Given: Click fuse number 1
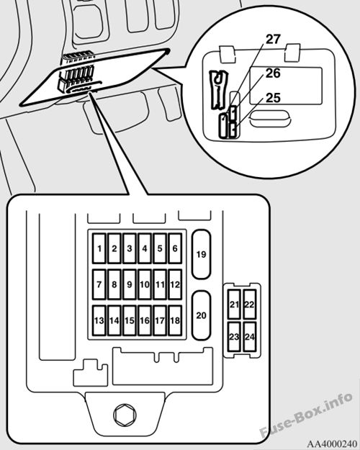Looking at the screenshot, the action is coord(99,248).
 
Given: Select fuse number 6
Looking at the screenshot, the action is coord(175,248).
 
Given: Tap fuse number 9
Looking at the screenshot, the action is coord(130,284).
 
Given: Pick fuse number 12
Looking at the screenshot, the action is coord(175,284).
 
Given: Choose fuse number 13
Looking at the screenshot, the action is coord(99,320).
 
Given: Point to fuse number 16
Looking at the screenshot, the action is coord(145,320).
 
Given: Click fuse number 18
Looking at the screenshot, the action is coord(175,320).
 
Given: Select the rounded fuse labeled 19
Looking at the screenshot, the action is coord(202,254).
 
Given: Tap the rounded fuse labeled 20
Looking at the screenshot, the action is coord(202,315).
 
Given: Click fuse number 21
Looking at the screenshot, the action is coord(234,305).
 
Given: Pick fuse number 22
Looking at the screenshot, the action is coord(249,305).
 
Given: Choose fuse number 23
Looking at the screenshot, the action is coord(234,337).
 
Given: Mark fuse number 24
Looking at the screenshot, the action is coord(249,337).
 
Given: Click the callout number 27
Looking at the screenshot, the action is coord(273,40).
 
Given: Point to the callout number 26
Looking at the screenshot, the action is coord(273,73).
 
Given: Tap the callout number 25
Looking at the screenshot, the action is coord(273,98).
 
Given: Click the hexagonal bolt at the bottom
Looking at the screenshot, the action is coord(125,415).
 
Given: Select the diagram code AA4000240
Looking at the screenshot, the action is coord(332,444).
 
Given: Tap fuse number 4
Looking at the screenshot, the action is coord(145,248).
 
